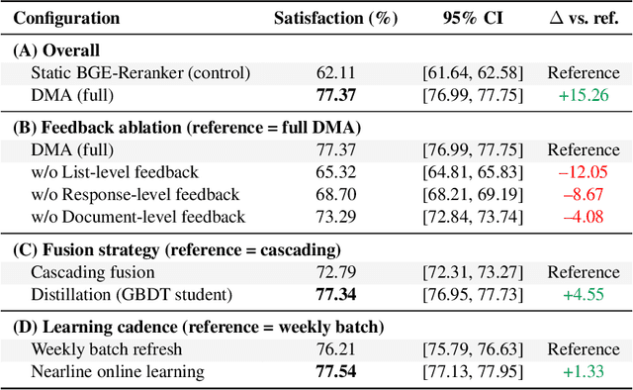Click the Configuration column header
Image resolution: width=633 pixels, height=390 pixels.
click(x=67, y=18)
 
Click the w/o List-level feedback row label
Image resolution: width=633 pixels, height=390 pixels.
click(x=115, y=172)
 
